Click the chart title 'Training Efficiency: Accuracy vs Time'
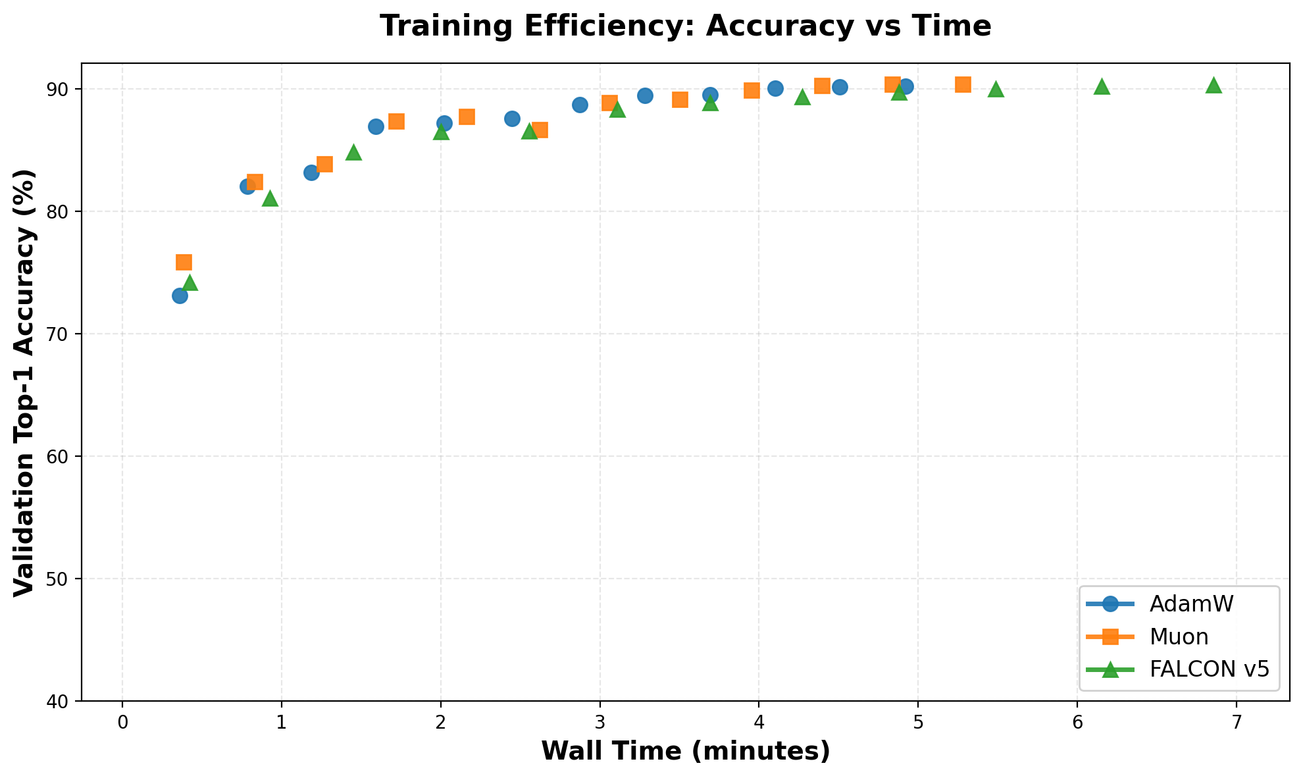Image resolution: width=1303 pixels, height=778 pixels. (x=685, y=26)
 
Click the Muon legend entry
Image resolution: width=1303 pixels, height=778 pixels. (x=1178, y=636)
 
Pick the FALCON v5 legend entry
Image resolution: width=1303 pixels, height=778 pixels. (x=1208, y=669)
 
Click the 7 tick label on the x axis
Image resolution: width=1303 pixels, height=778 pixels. (x=1237, y=721)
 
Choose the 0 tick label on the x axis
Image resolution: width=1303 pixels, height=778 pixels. (x=122, y=721)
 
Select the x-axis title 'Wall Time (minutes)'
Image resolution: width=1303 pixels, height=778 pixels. (x=685, y=752)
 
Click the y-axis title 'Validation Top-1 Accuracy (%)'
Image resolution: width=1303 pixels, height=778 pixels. (x=24, y=382)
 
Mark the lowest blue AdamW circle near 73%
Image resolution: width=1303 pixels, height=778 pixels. (x=180, y=296)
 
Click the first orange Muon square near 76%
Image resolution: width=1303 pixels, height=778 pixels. (x=184, y=263)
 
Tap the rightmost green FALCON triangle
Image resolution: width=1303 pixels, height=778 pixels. (x=1214, y=86)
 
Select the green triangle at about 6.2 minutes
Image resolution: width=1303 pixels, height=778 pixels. (x=1102, y=87)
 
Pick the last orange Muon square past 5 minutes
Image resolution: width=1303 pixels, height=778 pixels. (x=963, y=84)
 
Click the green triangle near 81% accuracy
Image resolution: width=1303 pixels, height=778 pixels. (x=270, y=199)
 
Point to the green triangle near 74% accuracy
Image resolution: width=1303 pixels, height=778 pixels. (x=190, y=283)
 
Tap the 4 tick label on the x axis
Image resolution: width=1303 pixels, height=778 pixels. (x=759, y=721)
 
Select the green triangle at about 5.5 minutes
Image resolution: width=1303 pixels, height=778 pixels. (x=996, y=90)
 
